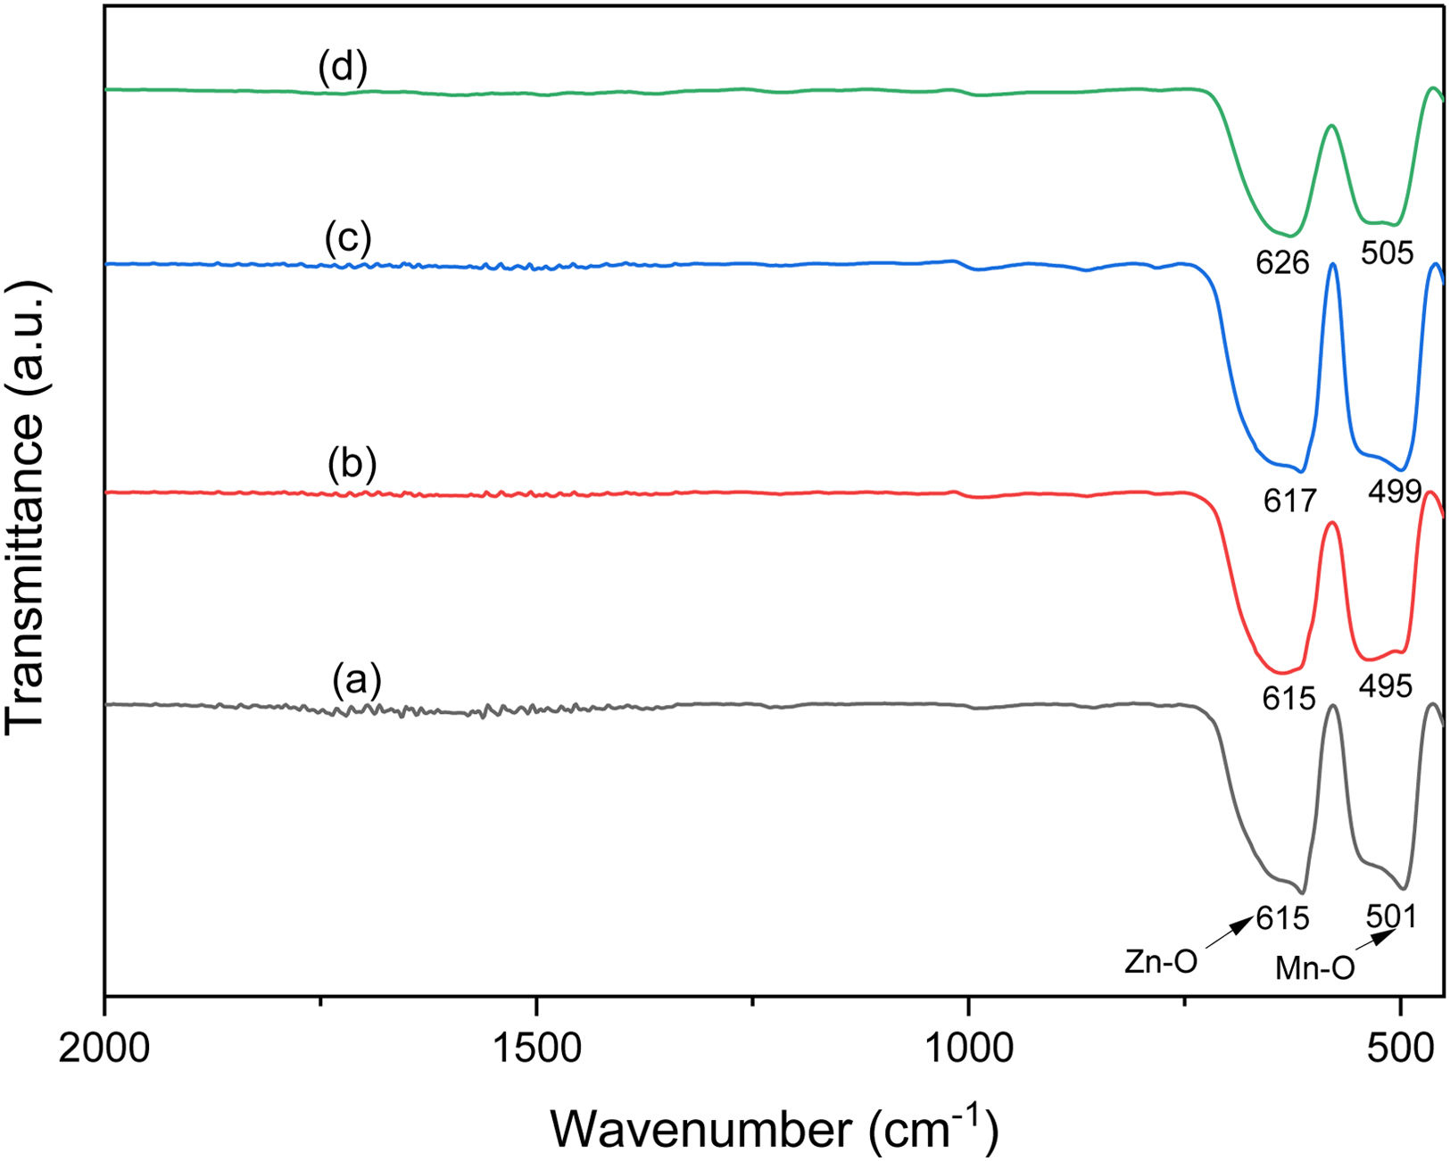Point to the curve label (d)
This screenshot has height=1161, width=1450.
tap(343, 69)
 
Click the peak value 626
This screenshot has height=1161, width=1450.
tap(1282, 262)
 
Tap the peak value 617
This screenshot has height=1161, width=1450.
tap(1289, 502)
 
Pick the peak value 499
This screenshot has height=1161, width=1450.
tap(1394, 490)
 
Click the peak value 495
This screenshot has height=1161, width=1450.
tap(1386, 685)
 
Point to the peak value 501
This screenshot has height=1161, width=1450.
tap(1391, 916)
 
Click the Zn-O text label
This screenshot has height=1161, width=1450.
tap(1160, 962)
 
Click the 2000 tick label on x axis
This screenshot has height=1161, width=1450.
tap(104, 1049)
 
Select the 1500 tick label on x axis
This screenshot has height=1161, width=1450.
tap(536, 1049)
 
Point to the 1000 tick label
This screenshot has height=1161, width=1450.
tap(968, 1049)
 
